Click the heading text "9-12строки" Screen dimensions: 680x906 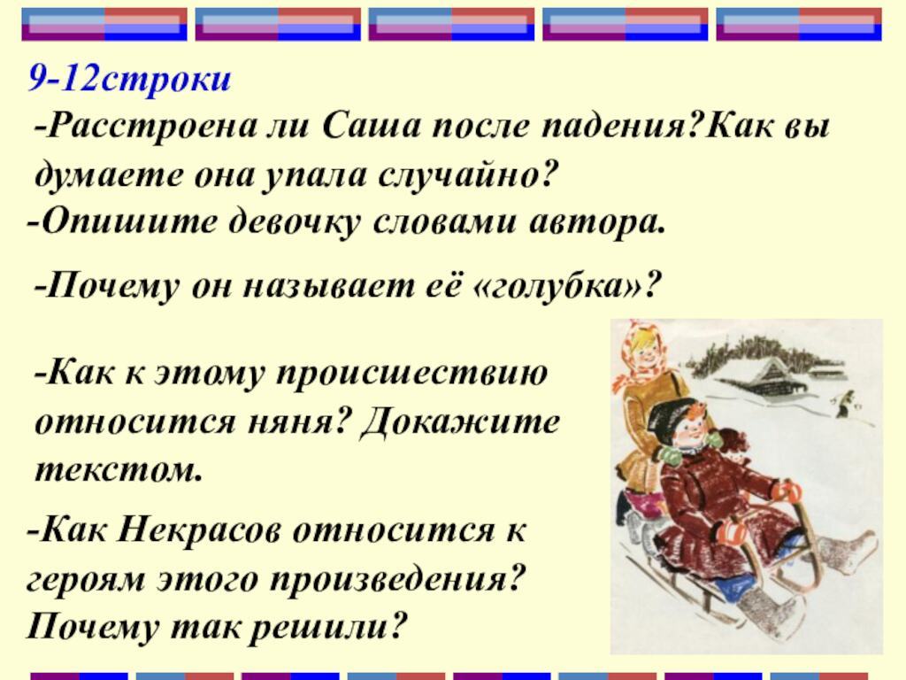point(129,80)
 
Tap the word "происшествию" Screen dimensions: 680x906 point(411,372)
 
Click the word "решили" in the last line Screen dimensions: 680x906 point(327,628)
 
